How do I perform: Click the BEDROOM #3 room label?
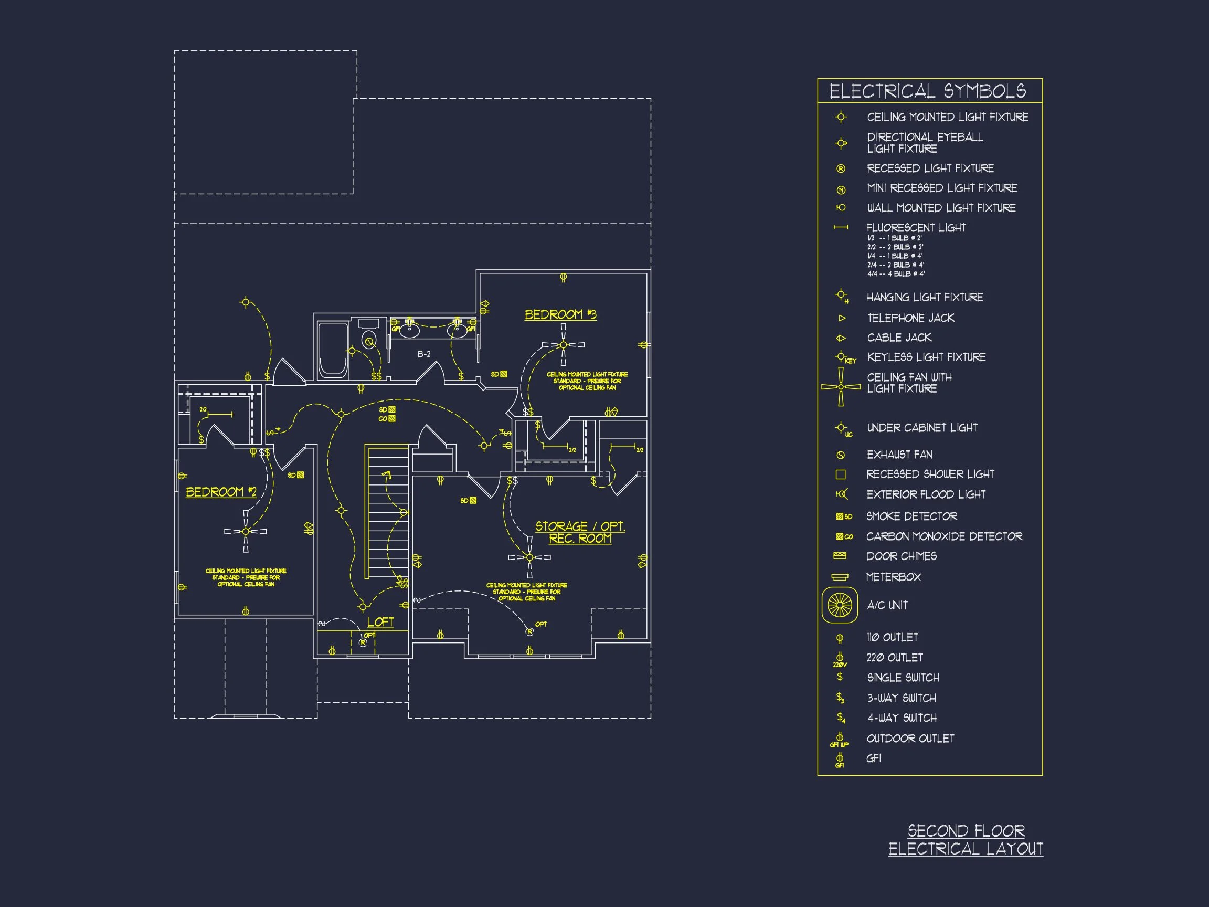(560, 314)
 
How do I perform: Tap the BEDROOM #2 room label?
(221, 491)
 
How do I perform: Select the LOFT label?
(380, 621)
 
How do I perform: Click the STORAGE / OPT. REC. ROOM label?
(580, 532)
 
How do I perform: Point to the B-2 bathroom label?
(423, 354)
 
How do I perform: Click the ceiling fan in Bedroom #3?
(564, 344)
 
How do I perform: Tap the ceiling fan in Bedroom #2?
(246, 531)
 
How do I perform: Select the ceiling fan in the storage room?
(529, 557)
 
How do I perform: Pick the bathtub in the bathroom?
(333, 350)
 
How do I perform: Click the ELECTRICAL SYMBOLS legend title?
(928, 91)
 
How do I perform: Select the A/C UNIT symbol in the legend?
(840, 605)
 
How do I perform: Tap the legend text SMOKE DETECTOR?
(911, 516)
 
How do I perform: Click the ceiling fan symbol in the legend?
(841, 387)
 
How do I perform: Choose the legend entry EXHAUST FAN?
(899, 455)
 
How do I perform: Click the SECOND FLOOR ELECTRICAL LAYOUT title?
(966, 840)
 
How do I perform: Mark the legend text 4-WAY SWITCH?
(902, 718)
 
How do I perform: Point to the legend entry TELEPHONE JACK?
(910, 318)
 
